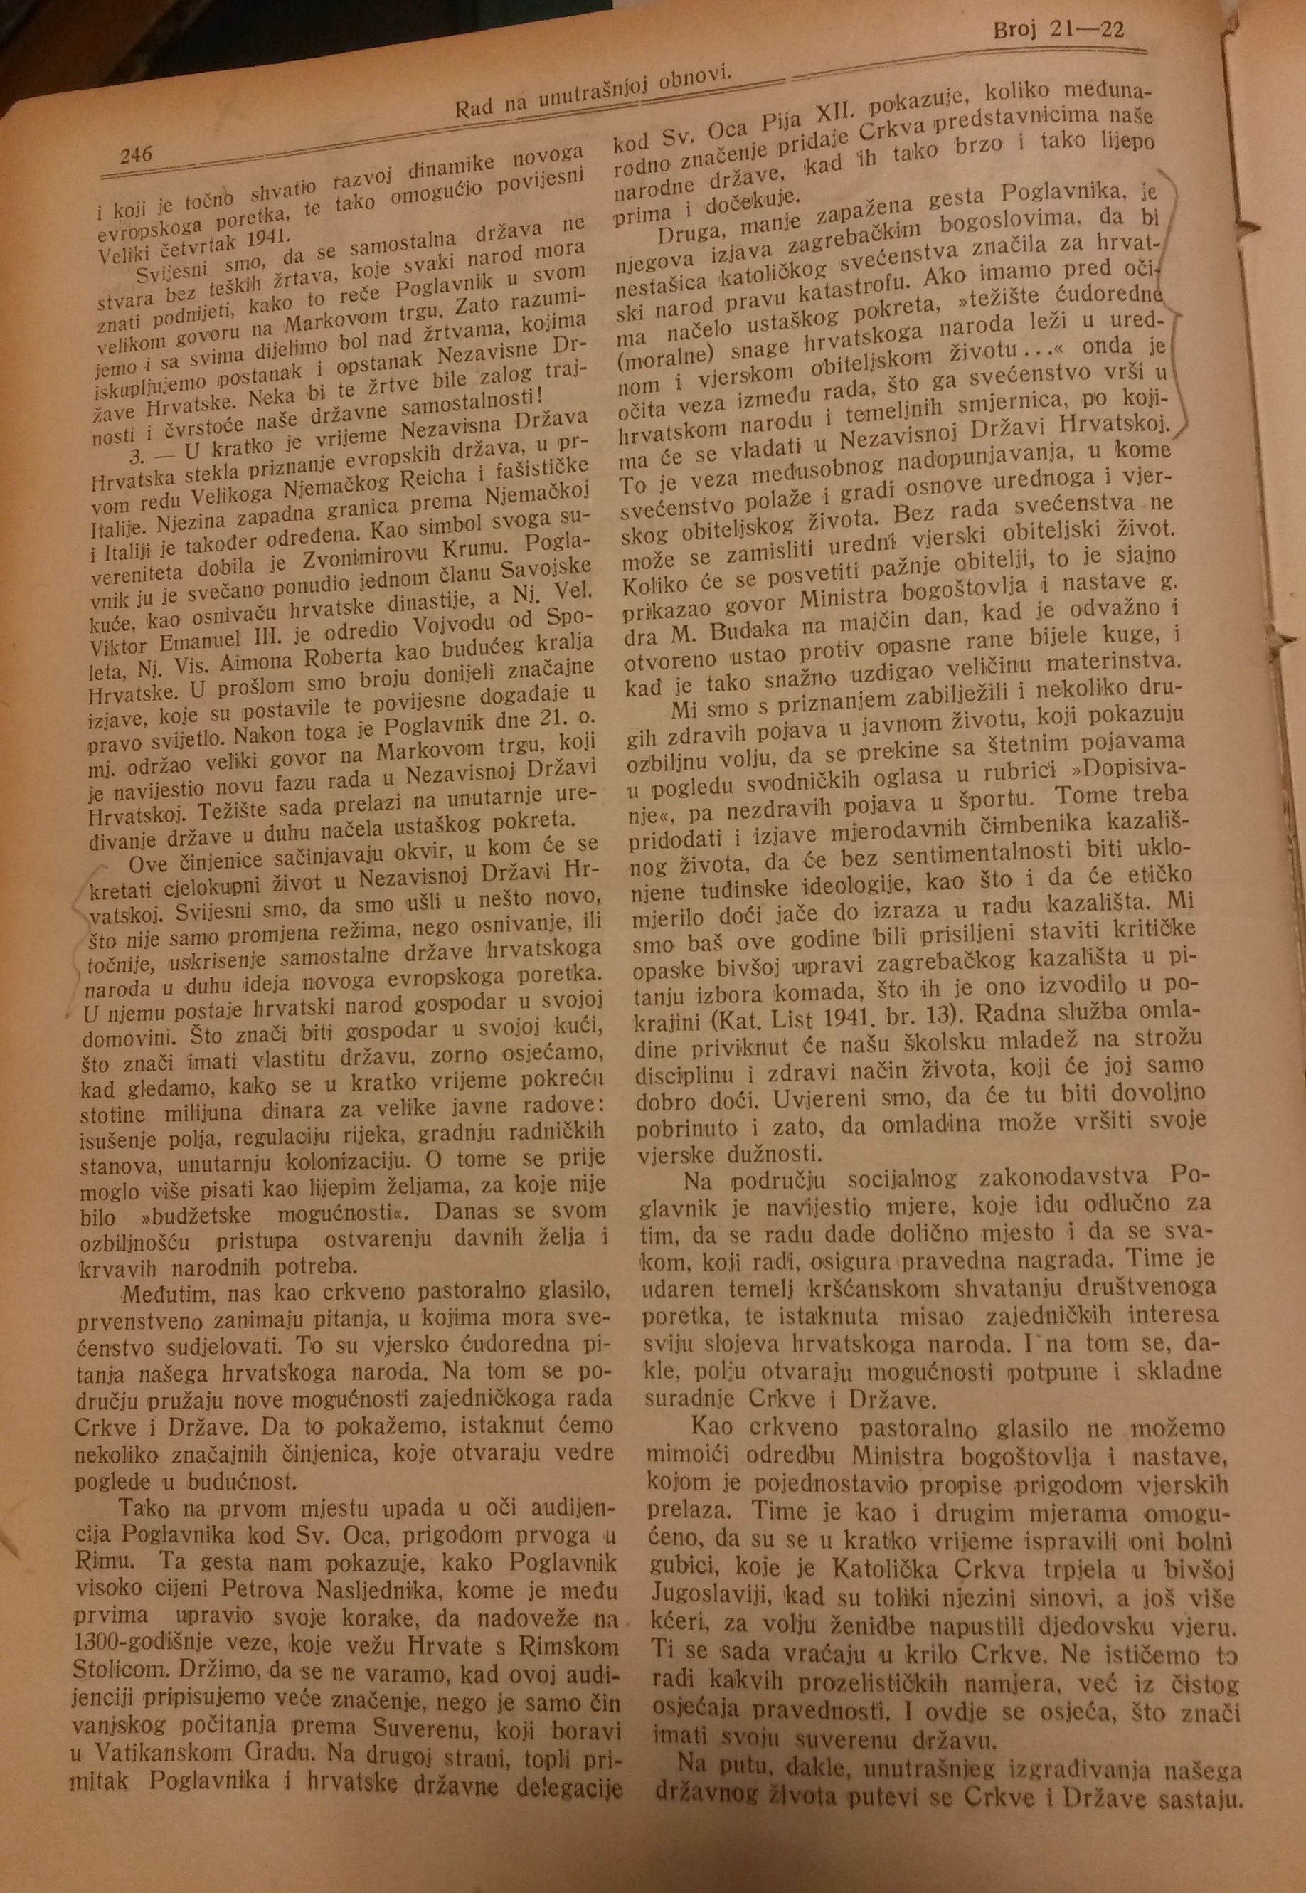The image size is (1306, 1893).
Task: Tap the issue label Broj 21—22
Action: pos(1060,32)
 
